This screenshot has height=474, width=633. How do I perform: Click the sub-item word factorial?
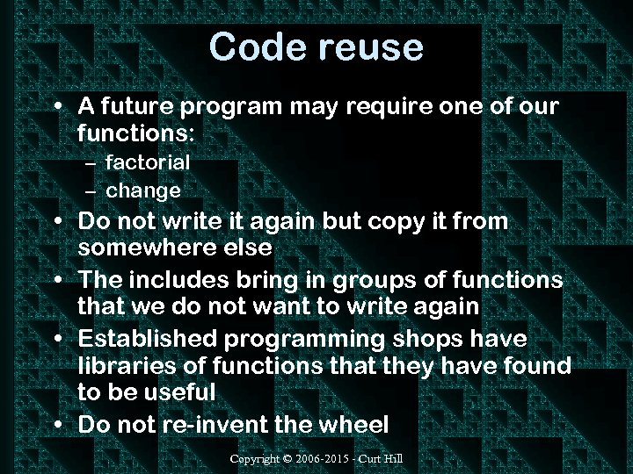[148, 162]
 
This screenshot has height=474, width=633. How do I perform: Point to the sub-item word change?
[143, 190]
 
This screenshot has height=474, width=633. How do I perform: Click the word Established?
[149, 338]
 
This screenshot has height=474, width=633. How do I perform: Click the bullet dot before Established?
[57, 340]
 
